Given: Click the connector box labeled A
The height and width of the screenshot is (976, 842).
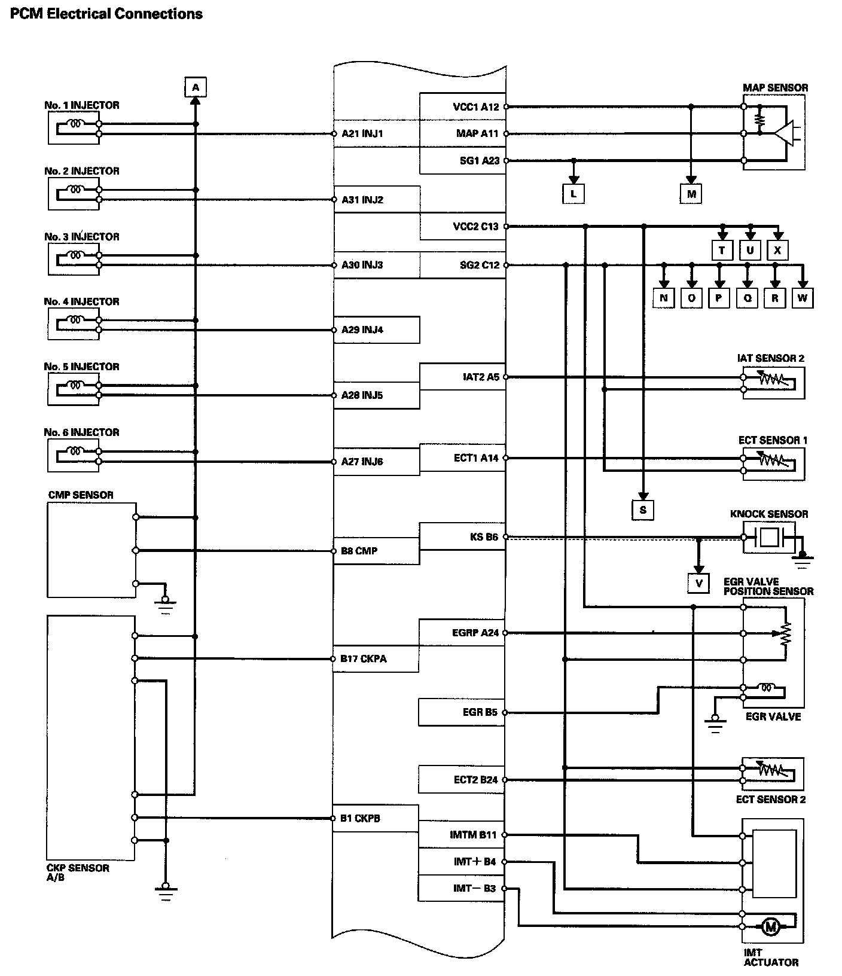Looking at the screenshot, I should click(x=195, y=87).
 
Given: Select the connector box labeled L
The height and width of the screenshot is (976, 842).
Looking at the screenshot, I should click(x=573, y=194).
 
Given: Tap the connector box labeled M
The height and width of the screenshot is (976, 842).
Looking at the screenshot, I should click(x=691, y=194).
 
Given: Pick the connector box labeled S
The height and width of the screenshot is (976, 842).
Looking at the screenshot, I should click(x=643, y=510).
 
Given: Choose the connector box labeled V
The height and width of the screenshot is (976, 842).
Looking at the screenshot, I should click(x=698, y=583).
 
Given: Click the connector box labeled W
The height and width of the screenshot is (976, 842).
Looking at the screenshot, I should click(x=803, y=298).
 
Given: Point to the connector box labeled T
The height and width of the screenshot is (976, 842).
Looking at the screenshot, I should click(x=722, y=250).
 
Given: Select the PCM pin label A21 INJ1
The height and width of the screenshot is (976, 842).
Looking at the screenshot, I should click(x=362, y=134).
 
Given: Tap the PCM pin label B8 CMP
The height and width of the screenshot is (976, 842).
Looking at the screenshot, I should click(x=359, y=551).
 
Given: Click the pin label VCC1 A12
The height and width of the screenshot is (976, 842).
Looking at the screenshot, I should click(x=475, y=107).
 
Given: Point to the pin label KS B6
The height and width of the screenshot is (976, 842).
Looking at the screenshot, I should click(x=484, y=537).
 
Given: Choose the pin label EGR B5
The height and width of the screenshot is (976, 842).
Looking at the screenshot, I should click(x=480, y=712).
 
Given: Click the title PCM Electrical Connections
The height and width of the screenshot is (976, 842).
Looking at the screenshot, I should click(x=106, y=14).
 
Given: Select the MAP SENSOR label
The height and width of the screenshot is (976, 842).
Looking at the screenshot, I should click(x=775, y=88).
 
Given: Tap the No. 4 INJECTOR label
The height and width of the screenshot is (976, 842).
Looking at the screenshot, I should click(x=81, y=302).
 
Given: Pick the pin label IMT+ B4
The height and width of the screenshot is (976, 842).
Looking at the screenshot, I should click(x=475, y=862).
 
